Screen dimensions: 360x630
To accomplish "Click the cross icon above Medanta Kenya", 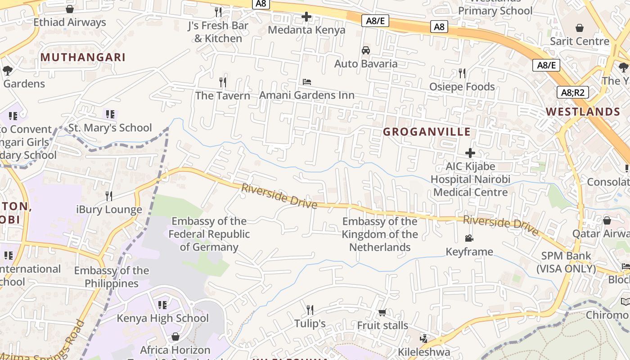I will pos(306,17).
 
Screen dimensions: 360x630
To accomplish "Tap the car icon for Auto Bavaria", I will pos(366,50).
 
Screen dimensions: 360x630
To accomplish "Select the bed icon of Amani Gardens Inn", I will pos(307,82).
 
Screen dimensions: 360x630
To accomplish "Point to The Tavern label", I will pos(222,95).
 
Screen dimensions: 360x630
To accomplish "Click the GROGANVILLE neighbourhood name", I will pos(427,132).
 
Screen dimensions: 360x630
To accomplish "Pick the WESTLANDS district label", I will pos(583,112).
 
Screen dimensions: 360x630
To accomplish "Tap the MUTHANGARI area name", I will pos(83,57).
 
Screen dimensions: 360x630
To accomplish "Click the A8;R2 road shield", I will pos(573,93).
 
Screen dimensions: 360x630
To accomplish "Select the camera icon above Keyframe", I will pos(469,238).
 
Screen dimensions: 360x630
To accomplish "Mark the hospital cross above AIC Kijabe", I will pos(470,153).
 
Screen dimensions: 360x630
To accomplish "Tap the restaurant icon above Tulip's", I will pos(310,310).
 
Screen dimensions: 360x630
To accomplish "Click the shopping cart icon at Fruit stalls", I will pos(382,312).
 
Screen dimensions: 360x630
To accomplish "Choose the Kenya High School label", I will pos(163,318).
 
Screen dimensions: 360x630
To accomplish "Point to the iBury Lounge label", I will pos(109,209).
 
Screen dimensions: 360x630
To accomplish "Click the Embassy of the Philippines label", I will pos(112,277).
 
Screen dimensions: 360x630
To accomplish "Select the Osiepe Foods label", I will pos(462,86).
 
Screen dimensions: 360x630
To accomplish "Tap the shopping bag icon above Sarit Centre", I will pos(580,28).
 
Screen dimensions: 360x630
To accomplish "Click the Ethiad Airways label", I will pos(70,22).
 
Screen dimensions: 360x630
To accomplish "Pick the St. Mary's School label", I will pos(110,128).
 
